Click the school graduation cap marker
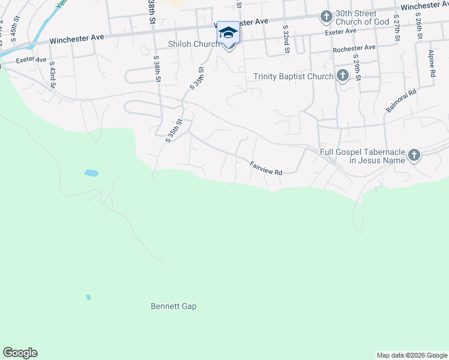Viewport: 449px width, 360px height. pyautogui.click(x=228, y=32)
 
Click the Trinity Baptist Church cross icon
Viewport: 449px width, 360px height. pyautogui.click(x=342, y=76)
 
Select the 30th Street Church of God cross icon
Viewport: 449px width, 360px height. pyautogui.click(x=326, y=17)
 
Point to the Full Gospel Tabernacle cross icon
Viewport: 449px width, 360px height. pyautogui.click(x=414, y=155)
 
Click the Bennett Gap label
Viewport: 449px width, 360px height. pyautogui.click(x=173, y=306)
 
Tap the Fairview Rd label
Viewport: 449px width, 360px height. pyautogui.click(x=266, y=168)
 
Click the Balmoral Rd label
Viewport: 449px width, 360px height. pyautogui.click(x=402, y=101)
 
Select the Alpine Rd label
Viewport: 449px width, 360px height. pyautogui.click(x=432, y=63)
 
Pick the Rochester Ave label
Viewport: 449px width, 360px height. pyautogui.click(x=354, y=47)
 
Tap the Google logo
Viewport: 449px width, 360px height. pyautogui.click(x=20, y=353)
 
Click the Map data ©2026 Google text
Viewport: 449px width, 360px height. pyautogui.click(x=412, y=355)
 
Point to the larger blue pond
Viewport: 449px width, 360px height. pyautogui.click(x=91, y=173)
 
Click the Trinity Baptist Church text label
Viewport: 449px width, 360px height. pyautogui.click(x=293, y=76)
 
